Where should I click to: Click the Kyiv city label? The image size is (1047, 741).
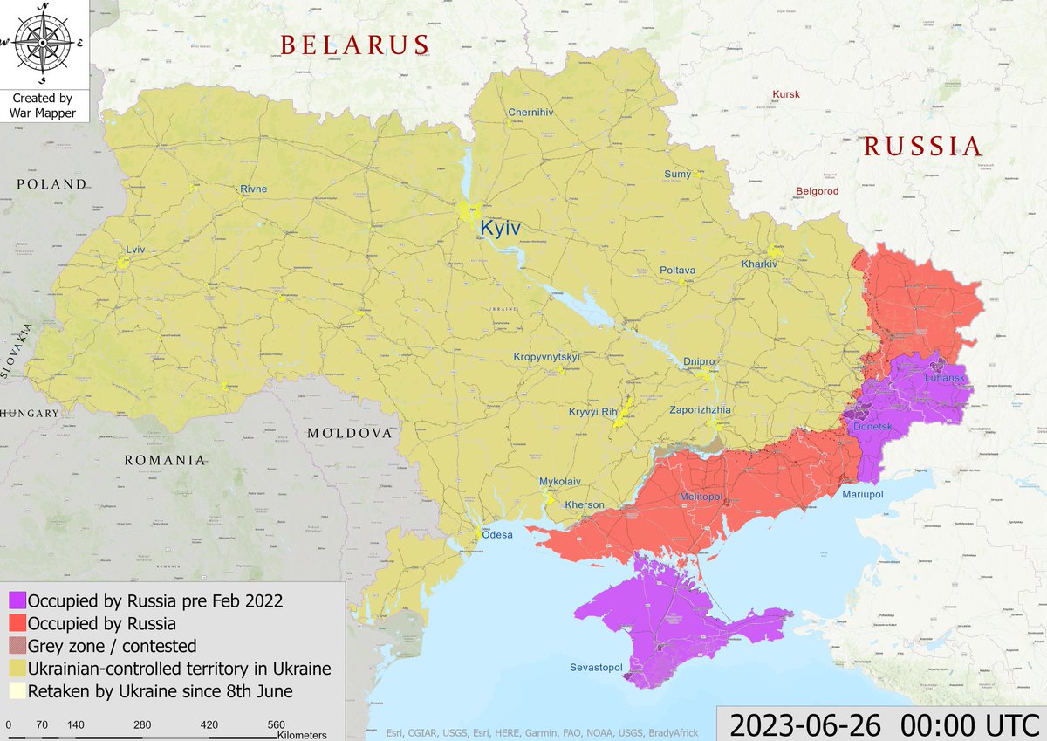[500, 228]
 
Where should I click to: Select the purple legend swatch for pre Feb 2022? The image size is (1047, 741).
[17, 601]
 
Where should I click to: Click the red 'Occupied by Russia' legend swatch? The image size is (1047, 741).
[17, 624]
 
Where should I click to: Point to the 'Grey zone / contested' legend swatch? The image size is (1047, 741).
[17, 647]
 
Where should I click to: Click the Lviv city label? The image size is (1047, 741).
[135, 250]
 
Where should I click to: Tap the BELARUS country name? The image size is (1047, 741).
[354, 45]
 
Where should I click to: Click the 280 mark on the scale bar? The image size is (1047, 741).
[143, 725]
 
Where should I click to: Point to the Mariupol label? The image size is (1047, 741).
[863, 495]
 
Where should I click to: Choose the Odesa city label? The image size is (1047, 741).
[497, 534]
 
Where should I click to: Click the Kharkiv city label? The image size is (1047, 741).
[759, 264]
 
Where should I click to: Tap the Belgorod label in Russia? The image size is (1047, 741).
[817, 191]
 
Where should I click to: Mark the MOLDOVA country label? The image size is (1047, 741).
[350, 433]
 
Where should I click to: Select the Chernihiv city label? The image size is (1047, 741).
[531, 113]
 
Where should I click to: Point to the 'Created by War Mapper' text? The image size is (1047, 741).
[42, 106]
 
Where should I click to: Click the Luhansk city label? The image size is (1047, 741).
[945, 378]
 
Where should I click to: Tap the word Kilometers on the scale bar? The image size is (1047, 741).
[302, 735]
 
